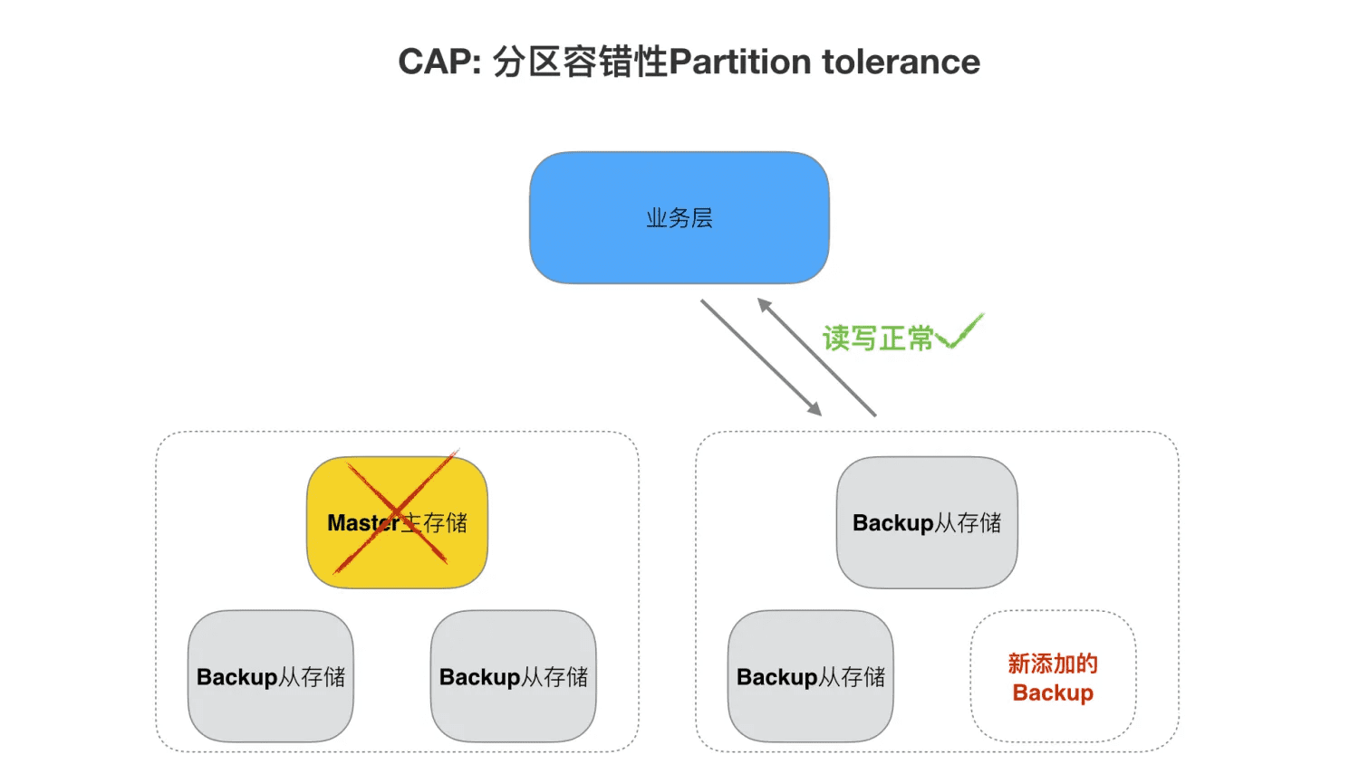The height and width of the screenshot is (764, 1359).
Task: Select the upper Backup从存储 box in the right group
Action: tap(927, 522)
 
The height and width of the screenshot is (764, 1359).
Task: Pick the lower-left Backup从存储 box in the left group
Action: tap(270, 676)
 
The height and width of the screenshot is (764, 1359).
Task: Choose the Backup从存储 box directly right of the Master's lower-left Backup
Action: tap(513, 676)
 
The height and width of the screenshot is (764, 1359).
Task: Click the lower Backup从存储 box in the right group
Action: tap(810, 676)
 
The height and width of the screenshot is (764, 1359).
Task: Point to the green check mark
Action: tap(960, 333)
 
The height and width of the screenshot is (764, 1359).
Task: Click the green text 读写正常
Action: tap(877, 339)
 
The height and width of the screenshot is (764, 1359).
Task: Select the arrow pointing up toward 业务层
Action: tap(817, 357)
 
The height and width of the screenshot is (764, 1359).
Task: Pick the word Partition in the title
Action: tap(739, 62)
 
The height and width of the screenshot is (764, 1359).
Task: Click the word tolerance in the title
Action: tap(901, 62)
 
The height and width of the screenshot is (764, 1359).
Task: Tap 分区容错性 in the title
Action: tap(580, 62)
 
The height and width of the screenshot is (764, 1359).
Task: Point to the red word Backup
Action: tap(1053, 693)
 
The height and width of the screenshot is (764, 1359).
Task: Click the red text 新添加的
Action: tap(1053, 664)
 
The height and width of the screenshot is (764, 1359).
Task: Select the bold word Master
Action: tap(362, 523)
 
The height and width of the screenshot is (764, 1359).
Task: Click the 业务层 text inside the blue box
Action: tap(679, 218)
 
